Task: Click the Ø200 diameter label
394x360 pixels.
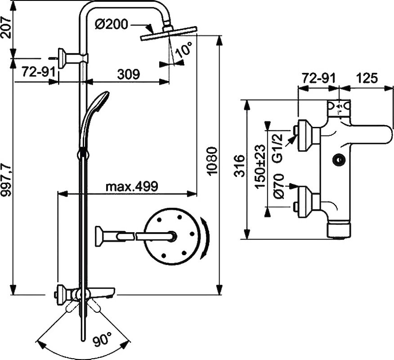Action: pos(112,24)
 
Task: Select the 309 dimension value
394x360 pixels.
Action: pos(128,74)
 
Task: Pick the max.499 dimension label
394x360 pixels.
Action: pos(132,187)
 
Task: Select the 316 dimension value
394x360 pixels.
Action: pos(239,166)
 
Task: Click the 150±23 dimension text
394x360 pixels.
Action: pos(260,166)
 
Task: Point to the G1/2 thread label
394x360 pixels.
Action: pos(278,148)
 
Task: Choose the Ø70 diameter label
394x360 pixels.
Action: pos(278,186)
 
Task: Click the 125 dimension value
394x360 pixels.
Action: pos(367,78)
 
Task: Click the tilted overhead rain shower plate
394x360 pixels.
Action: pos(169,33)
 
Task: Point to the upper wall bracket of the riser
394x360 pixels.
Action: pos(73,58)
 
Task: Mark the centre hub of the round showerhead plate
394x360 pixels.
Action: pos(172,236)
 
